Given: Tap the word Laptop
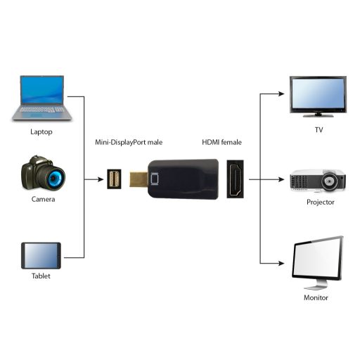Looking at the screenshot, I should tap(41, 131).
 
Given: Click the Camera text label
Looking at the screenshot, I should tap(42, 199).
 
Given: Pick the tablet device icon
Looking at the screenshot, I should tap(41, 255).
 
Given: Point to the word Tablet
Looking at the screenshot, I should tap(41, 276).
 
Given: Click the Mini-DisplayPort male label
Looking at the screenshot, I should tap(129, 142).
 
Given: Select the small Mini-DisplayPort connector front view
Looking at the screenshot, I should tap(112, 179).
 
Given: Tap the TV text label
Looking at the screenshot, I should tap(318, 131).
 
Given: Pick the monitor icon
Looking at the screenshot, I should tap(318, 262).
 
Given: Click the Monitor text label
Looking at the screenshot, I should tap(316, 298).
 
